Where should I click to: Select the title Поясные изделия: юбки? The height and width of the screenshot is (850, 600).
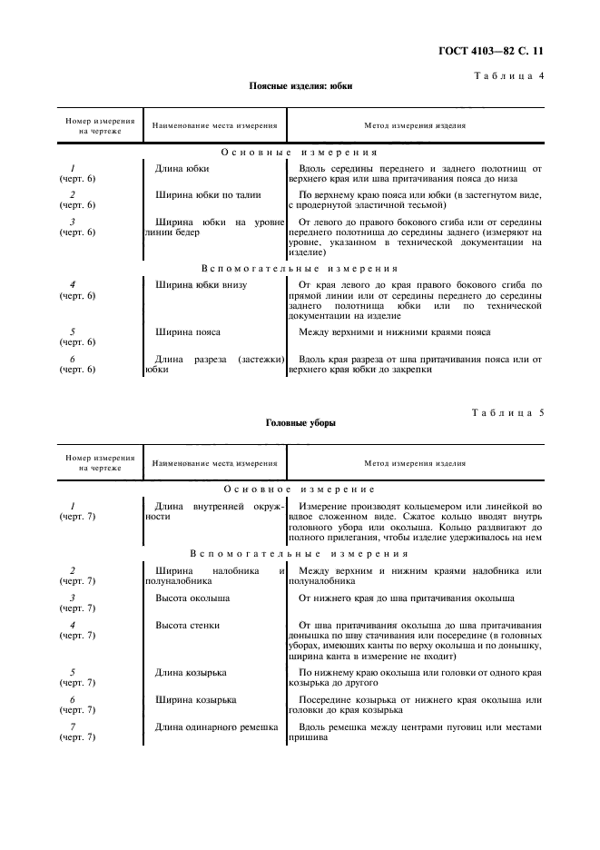(300, 86)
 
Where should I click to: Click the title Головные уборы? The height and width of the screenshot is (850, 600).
(300, 423)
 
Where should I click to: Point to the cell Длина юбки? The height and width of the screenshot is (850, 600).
(182, 168)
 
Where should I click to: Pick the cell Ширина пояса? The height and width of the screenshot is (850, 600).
(188, 332)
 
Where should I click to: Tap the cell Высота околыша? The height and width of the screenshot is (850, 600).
(192, 598)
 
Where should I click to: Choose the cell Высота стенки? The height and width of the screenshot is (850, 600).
(188, 625)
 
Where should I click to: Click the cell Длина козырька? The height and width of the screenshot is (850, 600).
(191, 672)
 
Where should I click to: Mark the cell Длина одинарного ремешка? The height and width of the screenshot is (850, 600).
(216, 726)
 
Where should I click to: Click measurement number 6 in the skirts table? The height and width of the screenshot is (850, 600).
(72, 359)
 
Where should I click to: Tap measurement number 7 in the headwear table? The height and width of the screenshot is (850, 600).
(72, 726)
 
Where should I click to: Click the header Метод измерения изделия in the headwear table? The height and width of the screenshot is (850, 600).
(415, 463)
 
